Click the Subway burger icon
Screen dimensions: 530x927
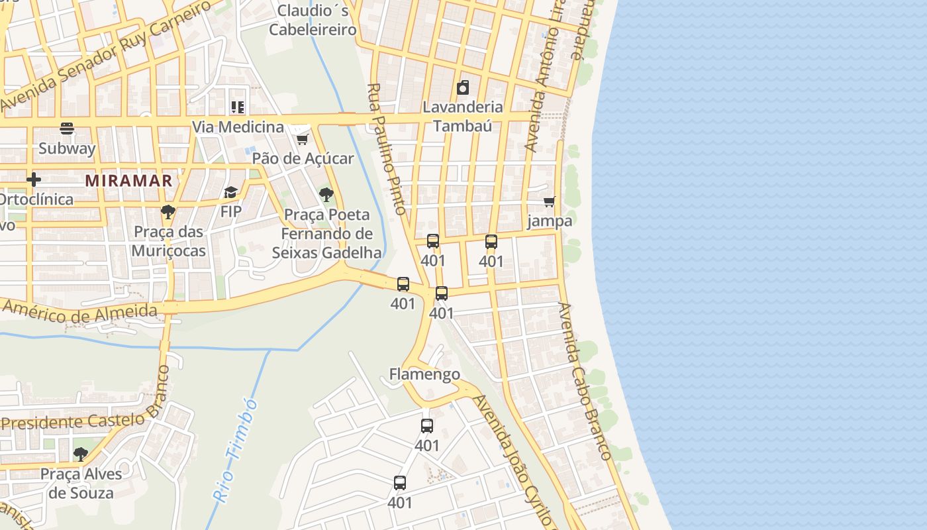(67, 128)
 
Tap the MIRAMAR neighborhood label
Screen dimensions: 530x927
(128, 180)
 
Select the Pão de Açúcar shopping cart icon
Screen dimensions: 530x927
(303, 138)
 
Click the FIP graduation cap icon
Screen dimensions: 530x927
(230, 192)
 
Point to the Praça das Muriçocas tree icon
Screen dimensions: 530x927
(168, 212)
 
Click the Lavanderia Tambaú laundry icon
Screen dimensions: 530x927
(463, 87)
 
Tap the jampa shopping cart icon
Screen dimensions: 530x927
(550, 201)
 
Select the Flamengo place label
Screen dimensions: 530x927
(424, 374)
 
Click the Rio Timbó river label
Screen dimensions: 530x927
(236, 450)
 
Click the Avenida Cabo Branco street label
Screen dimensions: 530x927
(585, 381)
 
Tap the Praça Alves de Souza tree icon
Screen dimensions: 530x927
(81, 454)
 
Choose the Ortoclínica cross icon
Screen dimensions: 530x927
(34, 180)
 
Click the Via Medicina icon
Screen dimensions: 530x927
(238, 107)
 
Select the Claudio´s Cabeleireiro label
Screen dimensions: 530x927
(313, 20)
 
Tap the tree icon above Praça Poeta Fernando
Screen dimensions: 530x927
(326, 195)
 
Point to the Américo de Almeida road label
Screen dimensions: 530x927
(79, 312)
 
